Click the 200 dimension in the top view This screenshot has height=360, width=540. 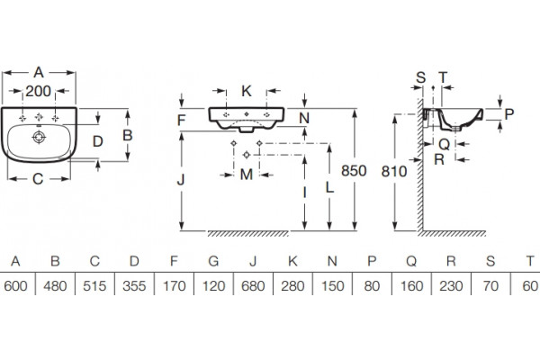(x=38, y=91)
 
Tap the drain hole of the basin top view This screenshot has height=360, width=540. (x=39, y=137)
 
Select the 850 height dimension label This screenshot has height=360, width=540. (x=354, y=171)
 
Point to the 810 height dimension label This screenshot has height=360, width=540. (x=394, y=171)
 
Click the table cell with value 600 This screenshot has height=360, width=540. (x=15, y=286)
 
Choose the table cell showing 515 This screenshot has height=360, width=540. (x=94, y=286)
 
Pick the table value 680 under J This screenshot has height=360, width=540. (x=253, y=286)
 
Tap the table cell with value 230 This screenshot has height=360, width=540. (x=451, y=286)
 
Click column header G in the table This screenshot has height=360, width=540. (x=213, y=261)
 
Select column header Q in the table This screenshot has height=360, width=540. (x=411, y=262)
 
